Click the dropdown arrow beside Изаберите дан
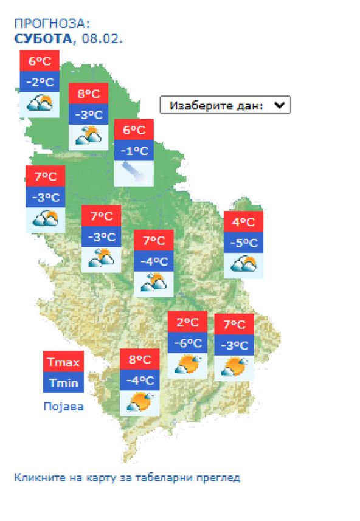pyautogui.click(x=279, y=105)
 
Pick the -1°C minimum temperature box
pyautogui.click(x=134, y=151)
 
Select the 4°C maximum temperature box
pyautogui.click(x=243, y=222)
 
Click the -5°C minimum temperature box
pyautogui.click(x=243, y=243)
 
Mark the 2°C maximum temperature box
pyautogui.click(x=187, y=322)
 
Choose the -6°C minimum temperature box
pyautogui.click(x=187, y=343)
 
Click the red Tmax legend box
pyautogui.click(x=63, y=362)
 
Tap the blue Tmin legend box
pyautogui.click(x=63, y=382)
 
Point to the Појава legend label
pyautogui.click(x=63, y=406)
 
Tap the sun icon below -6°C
pyautogui.click(x=187, y=365)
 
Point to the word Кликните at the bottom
pyautogui.click(x=35, y=477)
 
